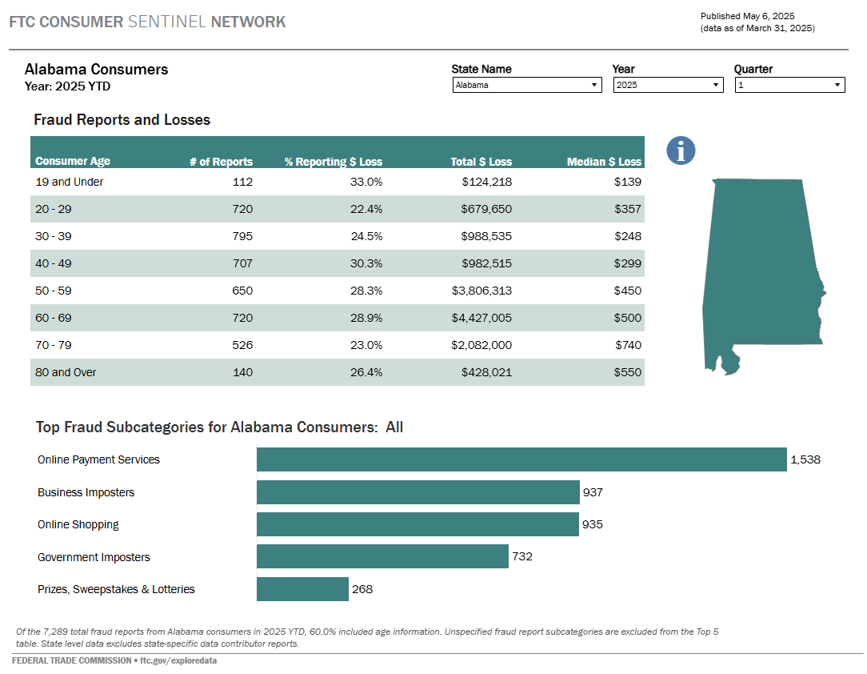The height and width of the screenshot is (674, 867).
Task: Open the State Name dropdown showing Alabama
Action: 526,85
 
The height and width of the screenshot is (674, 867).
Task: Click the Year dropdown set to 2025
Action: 668,85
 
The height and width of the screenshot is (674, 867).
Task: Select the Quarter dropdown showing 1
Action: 789,85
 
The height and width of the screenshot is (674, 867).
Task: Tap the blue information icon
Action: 681,150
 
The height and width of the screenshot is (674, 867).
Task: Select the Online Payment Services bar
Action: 521,459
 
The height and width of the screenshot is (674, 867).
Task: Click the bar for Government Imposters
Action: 382,557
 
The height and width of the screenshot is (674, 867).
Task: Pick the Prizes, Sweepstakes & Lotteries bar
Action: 302,589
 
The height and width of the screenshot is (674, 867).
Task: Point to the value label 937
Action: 593,492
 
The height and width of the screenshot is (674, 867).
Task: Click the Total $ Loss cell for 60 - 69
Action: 482,318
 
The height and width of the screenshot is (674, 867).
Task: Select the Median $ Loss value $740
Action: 627,345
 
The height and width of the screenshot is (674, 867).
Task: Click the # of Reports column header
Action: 221,162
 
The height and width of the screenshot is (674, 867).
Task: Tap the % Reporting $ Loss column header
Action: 333,162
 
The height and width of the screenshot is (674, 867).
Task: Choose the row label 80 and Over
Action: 66,372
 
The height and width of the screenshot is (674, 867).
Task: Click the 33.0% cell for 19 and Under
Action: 366,182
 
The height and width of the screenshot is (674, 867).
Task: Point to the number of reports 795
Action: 242,236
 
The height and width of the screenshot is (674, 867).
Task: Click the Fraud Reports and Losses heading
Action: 122,120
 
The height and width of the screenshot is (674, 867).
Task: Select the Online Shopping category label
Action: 78,524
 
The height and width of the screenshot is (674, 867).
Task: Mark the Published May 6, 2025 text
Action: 748,16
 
